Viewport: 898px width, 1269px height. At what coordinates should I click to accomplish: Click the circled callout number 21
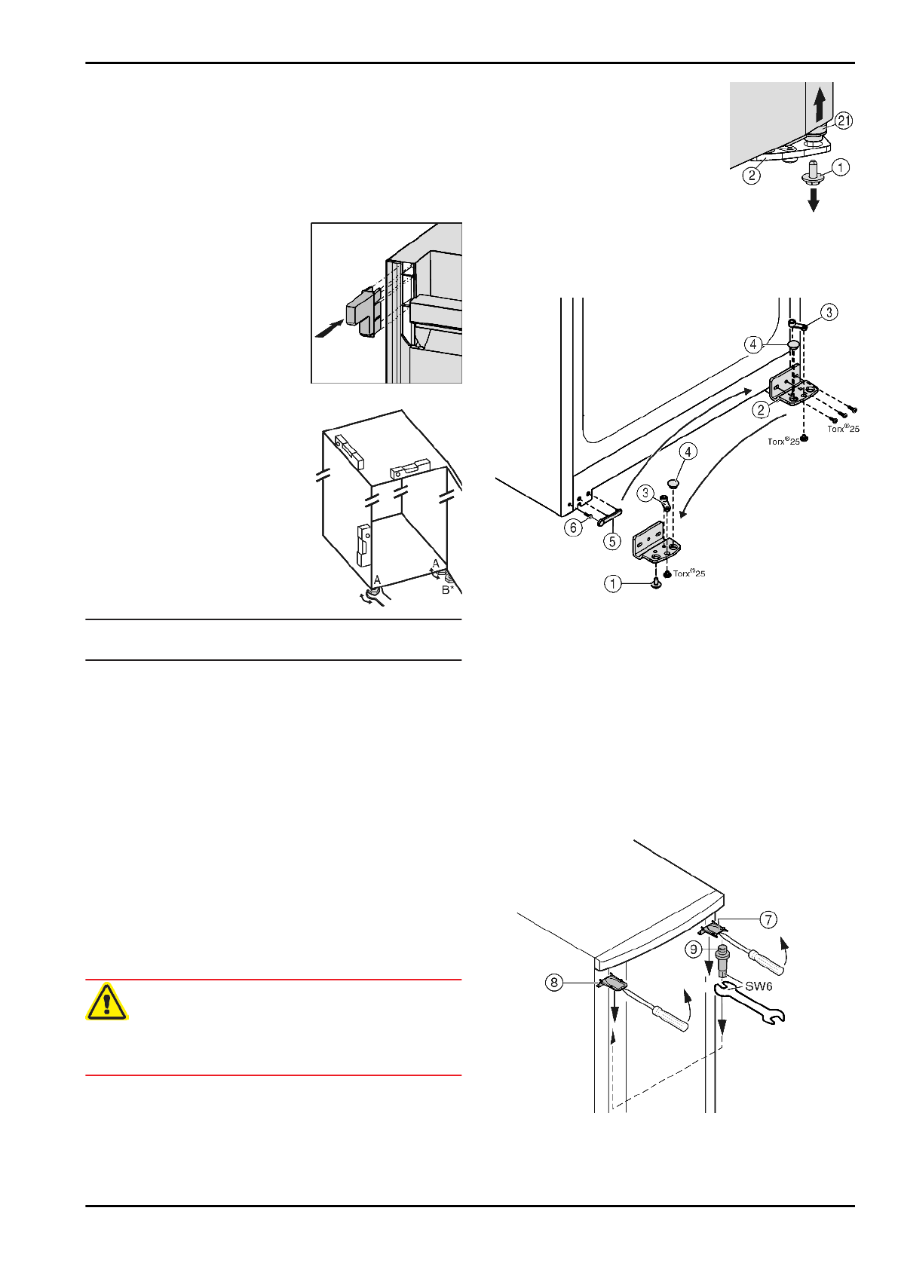click(x=844, y=120)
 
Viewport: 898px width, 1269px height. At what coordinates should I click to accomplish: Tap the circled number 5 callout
click(x=612, y=541)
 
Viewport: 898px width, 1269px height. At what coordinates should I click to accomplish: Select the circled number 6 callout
click(x=574, y=527)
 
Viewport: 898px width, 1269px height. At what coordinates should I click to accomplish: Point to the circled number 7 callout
click(x=768, y=919)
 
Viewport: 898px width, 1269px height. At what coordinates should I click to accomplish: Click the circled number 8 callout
click(x=554, y=983)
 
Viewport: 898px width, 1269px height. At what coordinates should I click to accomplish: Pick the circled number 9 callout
click(x=694, y=949)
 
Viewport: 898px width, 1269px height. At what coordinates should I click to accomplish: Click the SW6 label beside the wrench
click(x=759, y=986)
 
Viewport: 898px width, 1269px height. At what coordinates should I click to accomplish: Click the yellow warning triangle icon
click(x=107, y=1002)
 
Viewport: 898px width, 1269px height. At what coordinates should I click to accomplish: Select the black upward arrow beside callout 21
click(x=820, y=102)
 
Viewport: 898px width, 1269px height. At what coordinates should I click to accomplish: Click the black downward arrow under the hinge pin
click(x=814, y=200)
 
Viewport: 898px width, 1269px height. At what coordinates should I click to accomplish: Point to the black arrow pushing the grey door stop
click(x=328, y=329)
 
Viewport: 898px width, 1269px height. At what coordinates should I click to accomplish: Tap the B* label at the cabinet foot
click(x=448, y=590)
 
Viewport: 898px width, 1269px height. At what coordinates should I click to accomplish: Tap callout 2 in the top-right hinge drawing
click(x=751, y=176)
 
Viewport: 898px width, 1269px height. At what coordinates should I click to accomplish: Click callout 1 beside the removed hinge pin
click(x=840, y=167)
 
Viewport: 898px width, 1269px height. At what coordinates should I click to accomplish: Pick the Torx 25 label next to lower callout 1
click(x=689, y=573)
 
